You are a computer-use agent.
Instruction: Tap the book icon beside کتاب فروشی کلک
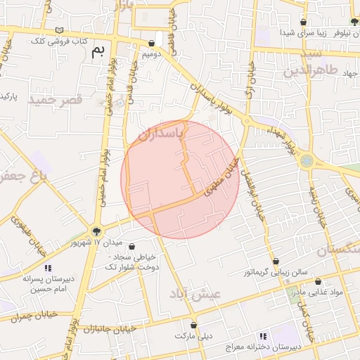coord(60,30)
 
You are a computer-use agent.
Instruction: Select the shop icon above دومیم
coord(152,43)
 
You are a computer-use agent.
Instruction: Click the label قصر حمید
coord(56,100)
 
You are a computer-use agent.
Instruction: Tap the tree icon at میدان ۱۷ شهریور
coord(97,231)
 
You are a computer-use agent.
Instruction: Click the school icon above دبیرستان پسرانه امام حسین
coord(48,268)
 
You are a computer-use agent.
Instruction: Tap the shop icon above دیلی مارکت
coord(195,326)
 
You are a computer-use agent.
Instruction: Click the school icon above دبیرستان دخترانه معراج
coord(263,337)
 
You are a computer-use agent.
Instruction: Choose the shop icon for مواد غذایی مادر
coord(318,281)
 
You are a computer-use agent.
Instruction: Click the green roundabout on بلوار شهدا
coord(307,161)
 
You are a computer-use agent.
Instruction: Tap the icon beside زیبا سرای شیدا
coord(302,21)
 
